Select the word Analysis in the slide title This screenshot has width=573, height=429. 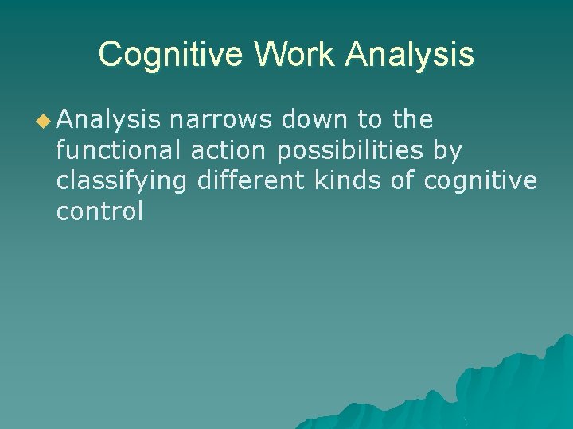(410, 55)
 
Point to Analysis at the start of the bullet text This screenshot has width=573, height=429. (109, 120)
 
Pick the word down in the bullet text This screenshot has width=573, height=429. (318, 120)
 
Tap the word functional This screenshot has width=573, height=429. (119, 151)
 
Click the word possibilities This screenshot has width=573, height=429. (349, 151)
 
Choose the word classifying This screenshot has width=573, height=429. (122, 182)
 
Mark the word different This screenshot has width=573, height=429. (250, 181)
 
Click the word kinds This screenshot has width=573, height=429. (348, 181)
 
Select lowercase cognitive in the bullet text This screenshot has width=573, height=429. (481, 182)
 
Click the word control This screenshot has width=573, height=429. (99, 212)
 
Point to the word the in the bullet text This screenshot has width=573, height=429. (412, 120)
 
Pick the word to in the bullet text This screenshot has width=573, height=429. (369, 121)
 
